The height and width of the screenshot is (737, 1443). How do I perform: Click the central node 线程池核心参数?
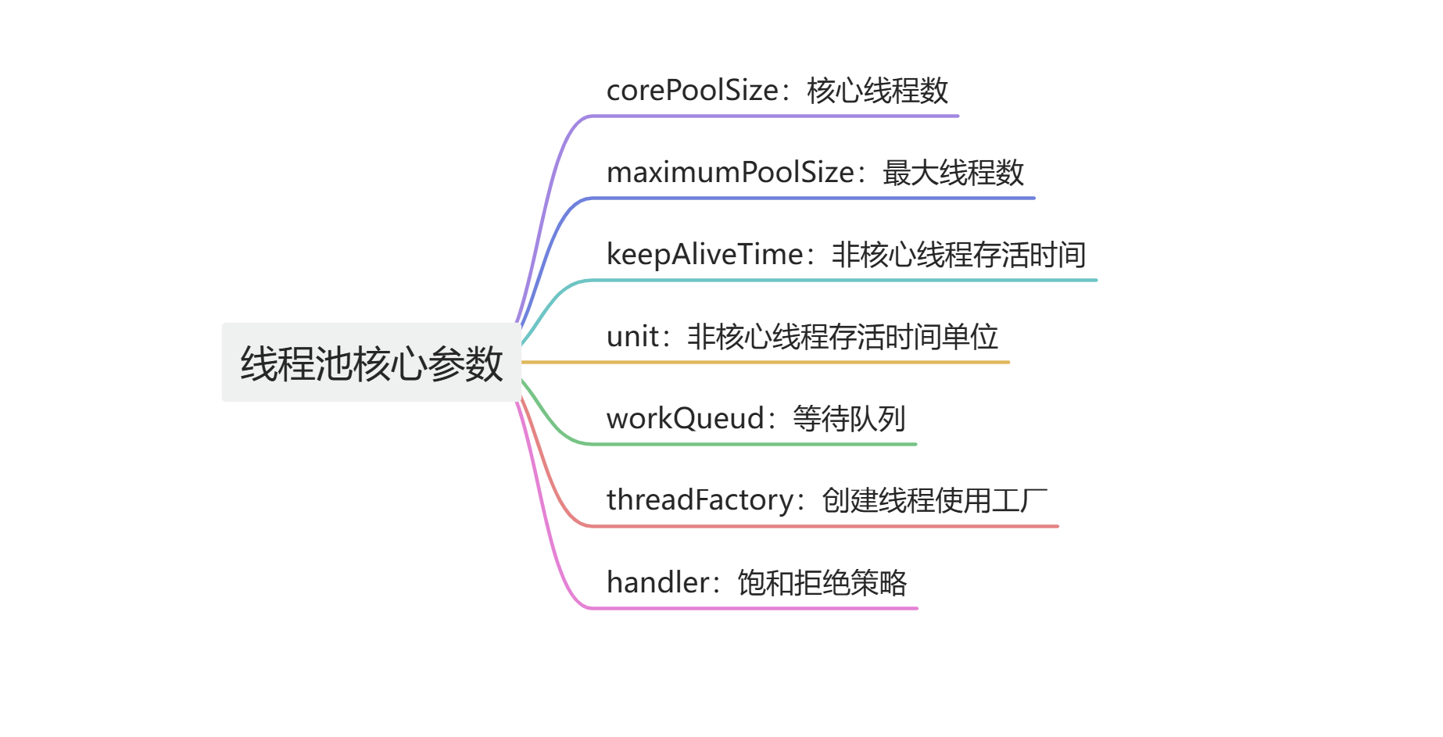[x=371, y=363]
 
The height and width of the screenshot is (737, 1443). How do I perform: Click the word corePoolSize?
[x=693, y=91]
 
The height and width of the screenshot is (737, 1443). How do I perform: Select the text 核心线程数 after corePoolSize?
[x=877, y=91]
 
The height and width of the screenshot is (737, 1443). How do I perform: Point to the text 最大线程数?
[x=953, y=173]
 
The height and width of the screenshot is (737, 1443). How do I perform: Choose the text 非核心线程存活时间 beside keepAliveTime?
[x=958, y=255]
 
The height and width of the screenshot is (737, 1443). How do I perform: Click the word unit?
[x=632, y=337]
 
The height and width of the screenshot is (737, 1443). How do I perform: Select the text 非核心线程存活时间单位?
[x=843, y=337]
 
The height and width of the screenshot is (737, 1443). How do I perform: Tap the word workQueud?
[x=685, y=419]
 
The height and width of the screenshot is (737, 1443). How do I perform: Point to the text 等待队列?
[x=849, y=419]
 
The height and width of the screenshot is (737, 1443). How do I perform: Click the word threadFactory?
[x=700, y=500]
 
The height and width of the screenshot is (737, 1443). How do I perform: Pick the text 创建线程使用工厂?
[x=934, y=500]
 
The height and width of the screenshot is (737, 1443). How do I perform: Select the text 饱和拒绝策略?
[x=822, y=583]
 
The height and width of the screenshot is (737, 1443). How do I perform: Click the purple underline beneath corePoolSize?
[x=774, y=116]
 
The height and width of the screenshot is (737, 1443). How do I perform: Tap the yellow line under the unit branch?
[x=766, y=363]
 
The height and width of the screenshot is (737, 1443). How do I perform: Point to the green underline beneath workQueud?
[x=750, y=444]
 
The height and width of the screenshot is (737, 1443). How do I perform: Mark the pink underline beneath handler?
[x=750, y=608]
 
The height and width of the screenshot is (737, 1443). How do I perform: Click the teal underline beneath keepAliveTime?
[x=844, y=280]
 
